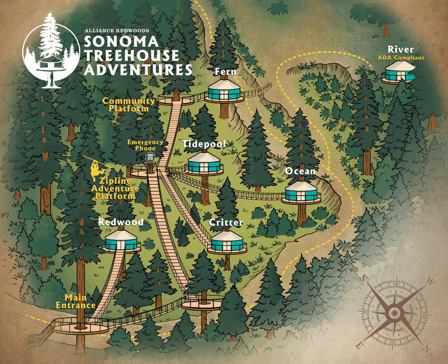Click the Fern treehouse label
(x=225, y=72)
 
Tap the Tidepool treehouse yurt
(x=204, y=164)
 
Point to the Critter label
(x=226, y=223)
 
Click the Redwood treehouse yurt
(x=121, y=241)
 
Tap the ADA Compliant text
(x=401, y=58)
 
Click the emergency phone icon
(x=150, y=157)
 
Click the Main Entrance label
(x=76, y=302)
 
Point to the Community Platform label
(x=129, y=105)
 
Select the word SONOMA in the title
(x=121, y=42)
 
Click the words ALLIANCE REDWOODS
(x=117, y=31)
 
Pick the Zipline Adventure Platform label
(x=115, y=188)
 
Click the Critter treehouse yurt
(x=227, y=242)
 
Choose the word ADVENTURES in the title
(x=138, y=70)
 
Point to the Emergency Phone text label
(x=145, y=145)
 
